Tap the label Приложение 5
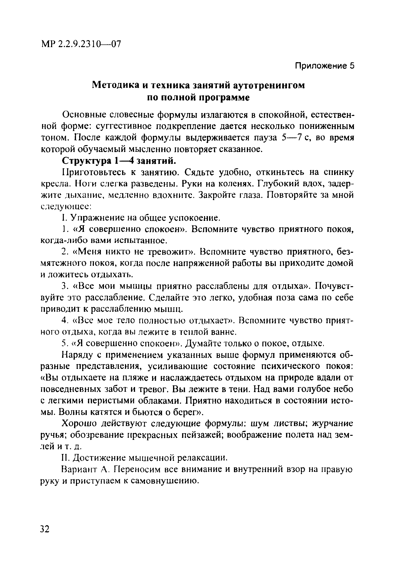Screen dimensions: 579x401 tap(324, 66)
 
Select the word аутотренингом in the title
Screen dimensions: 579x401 tap(269, 85)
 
